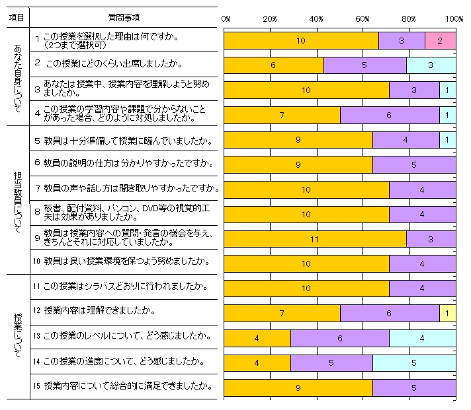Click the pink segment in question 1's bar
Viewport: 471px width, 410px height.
click(x=440, y=40)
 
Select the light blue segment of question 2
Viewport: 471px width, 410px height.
click(x=431, y=65)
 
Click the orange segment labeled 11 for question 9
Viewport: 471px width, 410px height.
click(x=316, y=238)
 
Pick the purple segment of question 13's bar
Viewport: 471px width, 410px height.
click(x=339, y=338)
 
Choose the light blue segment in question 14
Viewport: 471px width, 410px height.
click(x=414, y=362)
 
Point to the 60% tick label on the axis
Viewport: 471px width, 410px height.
click(x=363, y=19)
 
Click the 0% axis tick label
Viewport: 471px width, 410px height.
click(x=225, y=19)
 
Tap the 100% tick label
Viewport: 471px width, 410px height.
click(x=454, y=19)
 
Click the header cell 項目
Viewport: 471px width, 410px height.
click(x=17, y=17)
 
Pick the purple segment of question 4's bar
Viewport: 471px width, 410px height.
click(x=390, y=115)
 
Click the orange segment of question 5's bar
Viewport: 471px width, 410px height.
click(x=298, y=139)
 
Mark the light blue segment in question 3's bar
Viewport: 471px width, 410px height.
click(x=448, y=90)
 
